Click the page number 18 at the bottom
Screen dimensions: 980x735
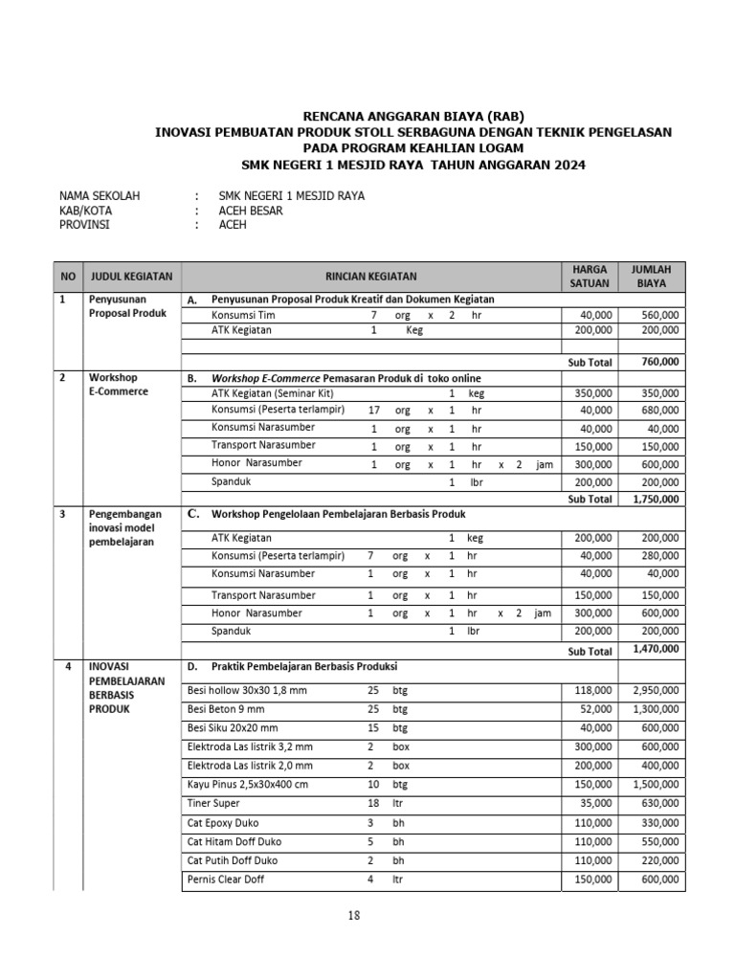[x=354, y=916]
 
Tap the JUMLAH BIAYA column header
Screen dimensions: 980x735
[x=652, y=277]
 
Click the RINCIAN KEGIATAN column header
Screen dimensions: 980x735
[x=370, y=277]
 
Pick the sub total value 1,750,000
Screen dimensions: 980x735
[x=656, y=499]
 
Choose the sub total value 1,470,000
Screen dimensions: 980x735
[x=656, y=649]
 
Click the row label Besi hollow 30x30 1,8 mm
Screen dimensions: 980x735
[x=247, y=690]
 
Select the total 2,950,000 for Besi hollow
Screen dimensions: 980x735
[x=656, y=690]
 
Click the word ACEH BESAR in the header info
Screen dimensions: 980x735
[x=251, y=211]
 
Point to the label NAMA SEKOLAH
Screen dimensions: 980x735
[x=100, y=196]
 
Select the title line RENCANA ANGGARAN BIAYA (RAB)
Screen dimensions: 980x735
[x=413, y=116]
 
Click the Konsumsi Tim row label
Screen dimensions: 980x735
[x=243, y=314]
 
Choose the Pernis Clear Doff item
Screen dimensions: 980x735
[x=226, y=879]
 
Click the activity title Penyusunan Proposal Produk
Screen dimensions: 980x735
[x=126, y=306]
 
